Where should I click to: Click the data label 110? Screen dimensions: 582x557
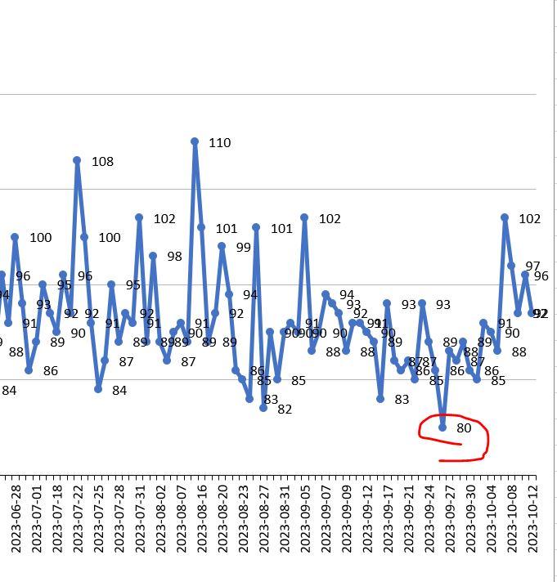point(219,143)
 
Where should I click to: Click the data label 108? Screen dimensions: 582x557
point(102,162)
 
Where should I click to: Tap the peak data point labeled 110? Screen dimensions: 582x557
point(195,141)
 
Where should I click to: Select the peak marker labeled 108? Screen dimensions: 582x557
point(77,160)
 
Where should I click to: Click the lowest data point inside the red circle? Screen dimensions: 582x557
point(442,427)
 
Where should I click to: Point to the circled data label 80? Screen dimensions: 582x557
point(464,428)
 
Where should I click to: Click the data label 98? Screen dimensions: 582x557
point(174,257)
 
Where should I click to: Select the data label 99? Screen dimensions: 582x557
point(243,248)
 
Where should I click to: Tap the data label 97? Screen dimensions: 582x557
point(532,266)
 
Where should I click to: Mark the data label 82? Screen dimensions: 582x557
point(285,410)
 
